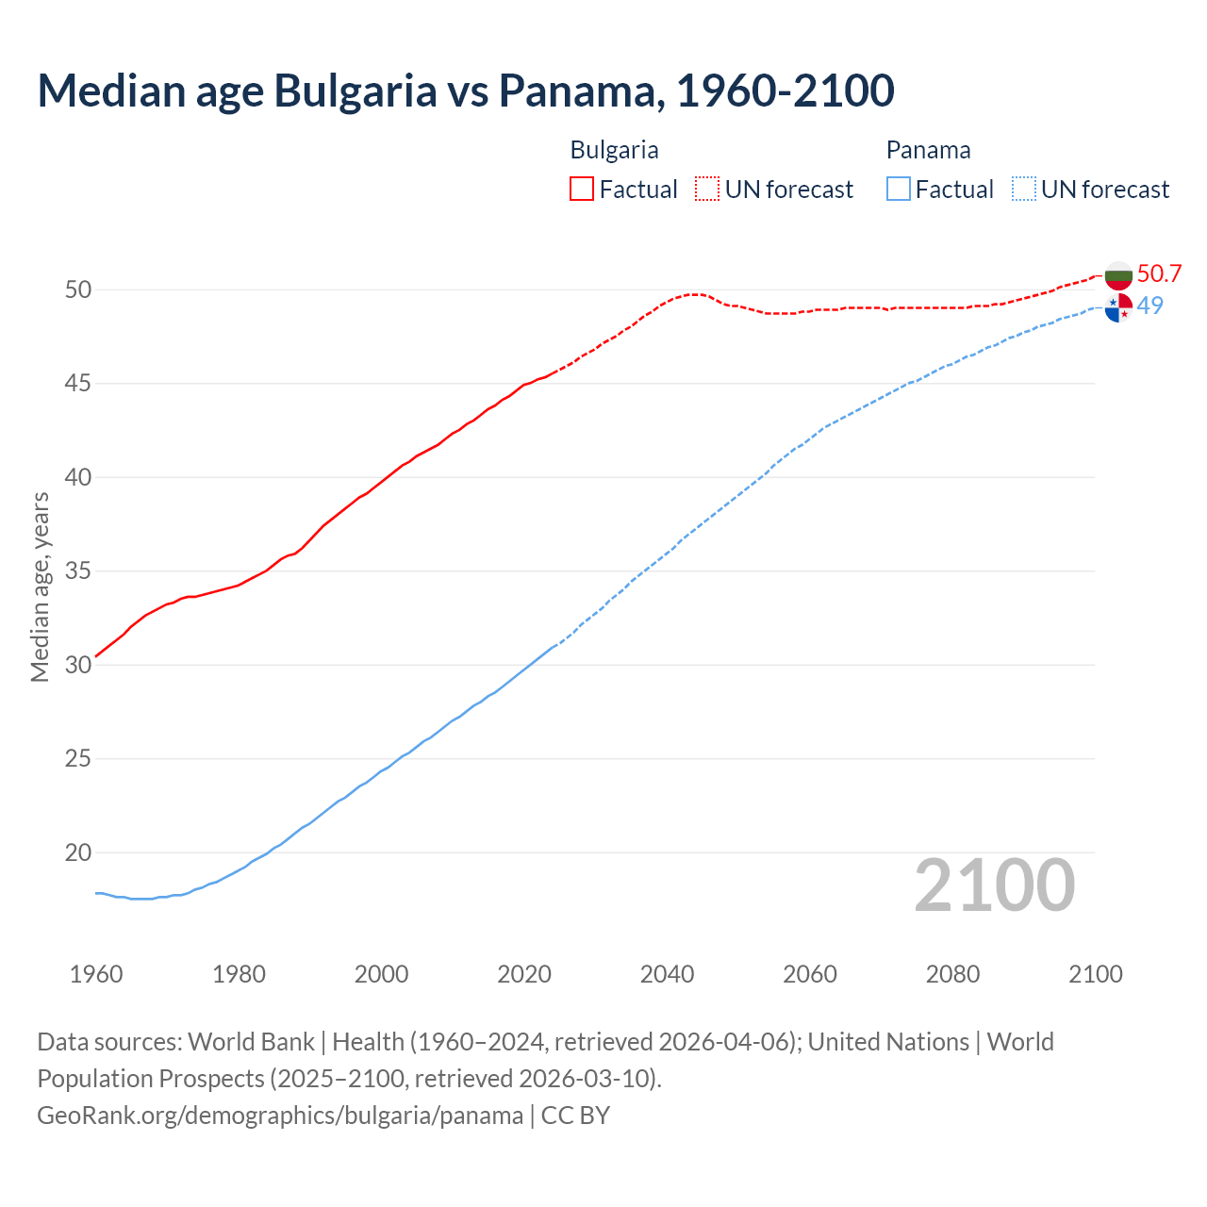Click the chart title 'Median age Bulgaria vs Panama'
[x=466, y=91]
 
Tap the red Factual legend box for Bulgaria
[x=582, y=190]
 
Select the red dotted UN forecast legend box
[x=707, y=190]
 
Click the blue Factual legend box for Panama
[x=898, y=190]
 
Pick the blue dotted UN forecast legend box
[x=1023, y=190]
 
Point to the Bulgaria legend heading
[x=614, y=150]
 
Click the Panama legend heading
[x=928, y=150]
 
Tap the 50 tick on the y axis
[x=78, y=289]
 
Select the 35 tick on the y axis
[x=78, y=571]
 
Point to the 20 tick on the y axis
[x=78, y=852]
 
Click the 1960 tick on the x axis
[x=96, y=974]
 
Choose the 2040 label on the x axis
[x=667, y=974]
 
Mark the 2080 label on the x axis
[x=952, y=974]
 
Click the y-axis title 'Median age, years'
[x=40, y=587]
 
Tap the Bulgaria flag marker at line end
[x=1118, y=276]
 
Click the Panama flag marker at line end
[x=1118, y=307]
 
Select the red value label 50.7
[x=1159, y=274]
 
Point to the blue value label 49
[x=1149, y=306]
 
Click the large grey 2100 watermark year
[x=995, y=885]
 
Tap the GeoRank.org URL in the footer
[x=280, y=1116]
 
